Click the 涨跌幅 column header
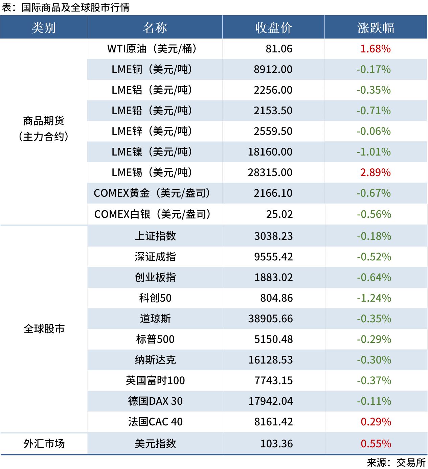[x=376, y=28]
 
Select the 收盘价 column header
[x=273, y=28]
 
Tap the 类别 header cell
[x=44, y=28]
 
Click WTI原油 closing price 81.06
[x=279, y=49]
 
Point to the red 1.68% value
[x=375, y=49]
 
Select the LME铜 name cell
[x=152, y=70]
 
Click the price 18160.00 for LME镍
[x=270, y=152]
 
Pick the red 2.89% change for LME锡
[x=375, y=173]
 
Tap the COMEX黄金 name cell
[x=152, y=193]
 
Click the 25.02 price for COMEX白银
[x=279, y=214]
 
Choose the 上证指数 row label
[x=155, y=236]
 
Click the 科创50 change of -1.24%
[x=374, y=298]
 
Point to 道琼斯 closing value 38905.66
[x=270, y=319]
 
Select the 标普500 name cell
[x=155, y=339]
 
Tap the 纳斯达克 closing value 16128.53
[x=270, y=360]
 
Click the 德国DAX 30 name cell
[x=155, y=401]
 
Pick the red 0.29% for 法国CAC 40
[x=376, y=422]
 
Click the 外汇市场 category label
[x=44, y=444]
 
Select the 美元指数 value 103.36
[x=276, y=444]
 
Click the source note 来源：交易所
[x=396, y=463]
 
